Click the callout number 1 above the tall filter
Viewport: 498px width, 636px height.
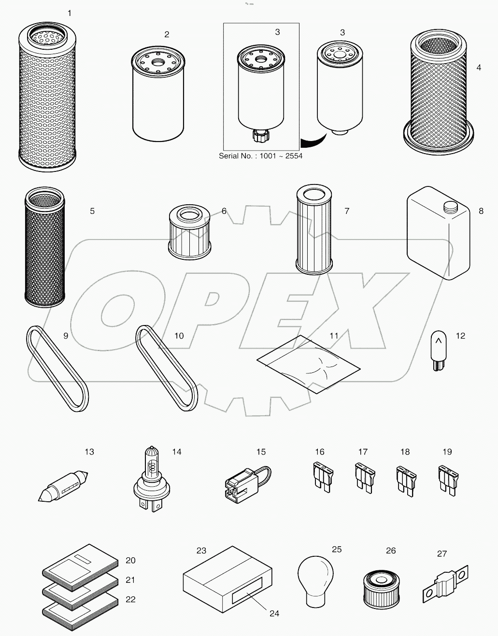[70, 13]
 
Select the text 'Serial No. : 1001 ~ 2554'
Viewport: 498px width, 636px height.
[260, 156]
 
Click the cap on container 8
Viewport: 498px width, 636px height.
[450, 207]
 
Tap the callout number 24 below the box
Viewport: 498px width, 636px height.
[274, 613]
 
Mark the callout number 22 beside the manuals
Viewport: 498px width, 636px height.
[130, 599]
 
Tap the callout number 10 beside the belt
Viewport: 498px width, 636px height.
[179, 336]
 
